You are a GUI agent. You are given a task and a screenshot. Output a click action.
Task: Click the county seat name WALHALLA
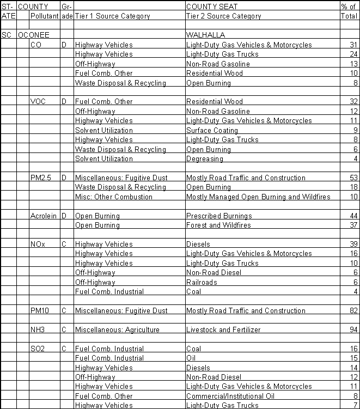206,35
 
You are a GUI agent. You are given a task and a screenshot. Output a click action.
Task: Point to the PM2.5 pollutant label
40,178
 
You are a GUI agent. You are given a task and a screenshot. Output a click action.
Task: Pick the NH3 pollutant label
38,329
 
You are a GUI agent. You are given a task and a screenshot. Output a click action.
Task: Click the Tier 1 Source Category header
112,16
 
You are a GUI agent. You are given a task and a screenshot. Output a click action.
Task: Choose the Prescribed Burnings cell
219,216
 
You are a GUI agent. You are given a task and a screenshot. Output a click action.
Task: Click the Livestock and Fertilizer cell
223,329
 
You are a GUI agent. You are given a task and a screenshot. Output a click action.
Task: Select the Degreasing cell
205,159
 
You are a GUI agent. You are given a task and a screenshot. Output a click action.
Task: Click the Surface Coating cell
212,131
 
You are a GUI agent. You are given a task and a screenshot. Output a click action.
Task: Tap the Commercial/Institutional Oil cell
231,396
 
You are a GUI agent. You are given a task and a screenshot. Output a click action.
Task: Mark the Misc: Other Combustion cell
114,197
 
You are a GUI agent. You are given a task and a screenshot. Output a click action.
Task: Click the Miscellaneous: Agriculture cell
117,329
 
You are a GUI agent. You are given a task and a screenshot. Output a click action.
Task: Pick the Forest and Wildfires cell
219,225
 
